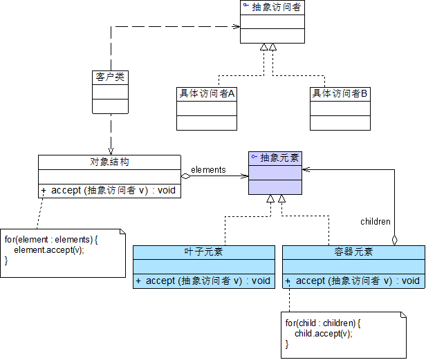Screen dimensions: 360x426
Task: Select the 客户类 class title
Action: click(110, 77)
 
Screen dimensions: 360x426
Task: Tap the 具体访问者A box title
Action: click(207, 93)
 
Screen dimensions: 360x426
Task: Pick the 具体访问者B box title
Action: click(340, 93)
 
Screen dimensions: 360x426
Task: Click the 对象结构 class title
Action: click(109, 162)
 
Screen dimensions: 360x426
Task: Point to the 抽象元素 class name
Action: click(279, 158)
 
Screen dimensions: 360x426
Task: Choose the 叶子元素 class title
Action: click(203, 252)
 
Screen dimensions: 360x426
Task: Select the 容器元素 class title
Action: click(353, 252)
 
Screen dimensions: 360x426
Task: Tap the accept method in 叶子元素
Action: click(203, 281)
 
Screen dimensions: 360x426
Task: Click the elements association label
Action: click(207, 169)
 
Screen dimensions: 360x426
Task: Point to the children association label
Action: click(376, 222)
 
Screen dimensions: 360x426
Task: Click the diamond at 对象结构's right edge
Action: click(185, 176)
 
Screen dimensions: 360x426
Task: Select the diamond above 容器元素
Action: click(395, 240)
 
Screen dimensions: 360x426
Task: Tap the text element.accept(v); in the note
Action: click(48, 250)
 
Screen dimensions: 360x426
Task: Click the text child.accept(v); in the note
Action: click(323, 333)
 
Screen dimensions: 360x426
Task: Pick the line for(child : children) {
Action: click(323, 323)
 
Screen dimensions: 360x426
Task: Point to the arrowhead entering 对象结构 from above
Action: click(109, 151)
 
